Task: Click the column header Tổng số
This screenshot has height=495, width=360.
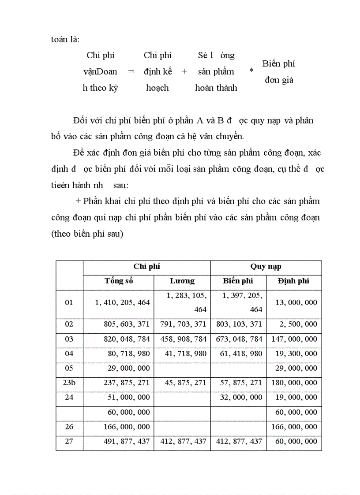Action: coord(119,281)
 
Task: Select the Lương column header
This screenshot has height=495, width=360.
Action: coord(182,281)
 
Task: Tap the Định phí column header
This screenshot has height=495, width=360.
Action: coord(294,281)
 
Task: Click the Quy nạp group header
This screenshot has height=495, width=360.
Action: coord(266,267)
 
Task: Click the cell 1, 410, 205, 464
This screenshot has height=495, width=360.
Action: coord(122,302)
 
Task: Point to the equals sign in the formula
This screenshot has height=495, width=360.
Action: coord(130,71)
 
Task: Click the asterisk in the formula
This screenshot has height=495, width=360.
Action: coord(251,71)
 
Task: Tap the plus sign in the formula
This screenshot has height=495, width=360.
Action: coord(184,71)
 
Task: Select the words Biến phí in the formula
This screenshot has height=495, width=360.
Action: coord(278,63)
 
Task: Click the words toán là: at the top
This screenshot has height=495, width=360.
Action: coord(65,39)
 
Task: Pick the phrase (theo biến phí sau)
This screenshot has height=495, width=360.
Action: coord(87,234)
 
